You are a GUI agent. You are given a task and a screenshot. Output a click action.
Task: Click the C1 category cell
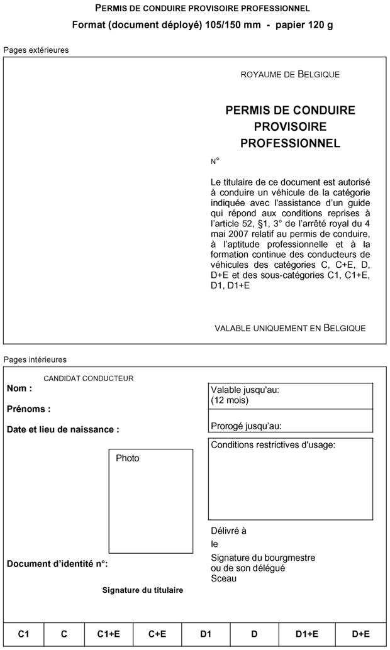[x=24, y=634]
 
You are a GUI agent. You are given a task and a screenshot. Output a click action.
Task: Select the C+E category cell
[x=157, y=634]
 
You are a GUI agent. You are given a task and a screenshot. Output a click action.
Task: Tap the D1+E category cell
[x=307, y=634]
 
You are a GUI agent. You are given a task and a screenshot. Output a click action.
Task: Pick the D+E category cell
[x=360, y=634]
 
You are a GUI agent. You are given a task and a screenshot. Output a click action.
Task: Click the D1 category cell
[x=206, y=634]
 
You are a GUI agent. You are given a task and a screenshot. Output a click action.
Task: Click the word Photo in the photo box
[x=128, y=458]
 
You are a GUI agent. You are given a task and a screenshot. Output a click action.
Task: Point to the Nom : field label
[x=19, y=388]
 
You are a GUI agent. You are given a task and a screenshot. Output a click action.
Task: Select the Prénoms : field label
[x=29, y=409]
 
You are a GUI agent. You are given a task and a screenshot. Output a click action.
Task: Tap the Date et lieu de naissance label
[x=63, y=430]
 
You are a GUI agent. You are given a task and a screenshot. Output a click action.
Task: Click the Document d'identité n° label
[x=57, y=564]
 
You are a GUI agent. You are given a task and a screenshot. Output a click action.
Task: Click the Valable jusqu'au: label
[x=245, y=390]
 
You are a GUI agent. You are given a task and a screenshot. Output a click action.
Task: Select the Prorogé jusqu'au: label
[x=246, y=426]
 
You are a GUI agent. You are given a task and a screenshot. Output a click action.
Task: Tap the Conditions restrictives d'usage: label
[x=273, y=445]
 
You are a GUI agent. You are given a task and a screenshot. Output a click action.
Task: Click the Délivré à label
[x=228, y=531]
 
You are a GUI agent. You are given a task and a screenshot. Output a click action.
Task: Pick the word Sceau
[x=224, y=578]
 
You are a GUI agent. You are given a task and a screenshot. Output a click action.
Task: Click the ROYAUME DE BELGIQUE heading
[x=290, y=75]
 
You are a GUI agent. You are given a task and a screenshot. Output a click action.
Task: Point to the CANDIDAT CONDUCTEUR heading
[x=89, y=378]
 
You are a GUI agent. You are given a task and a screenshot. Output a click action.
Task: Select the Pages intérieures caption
[x=35, y=360]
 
